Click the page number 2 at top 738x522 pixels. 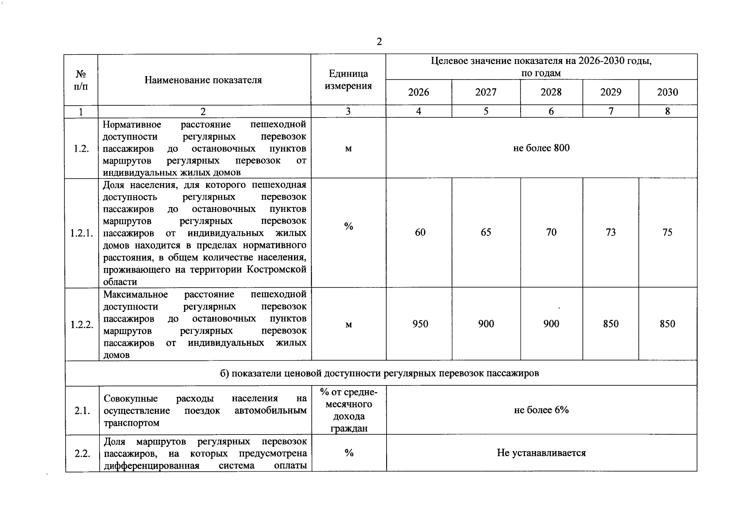379,42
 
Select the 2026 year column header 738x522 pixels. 418,92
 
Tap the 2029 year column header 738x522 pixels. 611,92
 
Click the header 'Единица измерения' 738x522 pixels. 348,80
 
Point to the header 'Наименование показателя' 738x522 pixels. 203,80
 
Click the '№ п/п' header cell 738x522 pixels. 81,80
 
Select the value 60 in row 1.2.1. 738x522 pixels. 420,232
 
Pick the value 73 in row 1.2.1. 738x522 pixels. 611,232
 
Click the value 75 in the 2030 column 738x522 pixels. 667,232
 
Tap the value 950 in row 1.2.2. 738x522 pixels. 420,324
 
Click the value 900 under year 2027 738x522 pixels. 486,324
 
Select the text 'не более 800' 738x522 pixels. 541,148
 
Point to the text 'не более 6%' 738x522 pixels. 541,410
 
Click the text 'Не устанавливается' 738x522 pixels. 541,453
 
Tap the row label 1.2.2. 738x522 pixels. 82,324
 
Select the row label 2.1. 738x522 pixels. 82,410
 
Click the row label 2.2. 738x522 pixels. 82,453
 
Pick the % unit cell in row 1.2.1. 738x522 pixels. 348,226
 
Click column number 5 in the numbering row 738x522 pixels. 486,111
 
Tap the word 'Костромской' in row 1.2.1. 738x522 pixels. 277,269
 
